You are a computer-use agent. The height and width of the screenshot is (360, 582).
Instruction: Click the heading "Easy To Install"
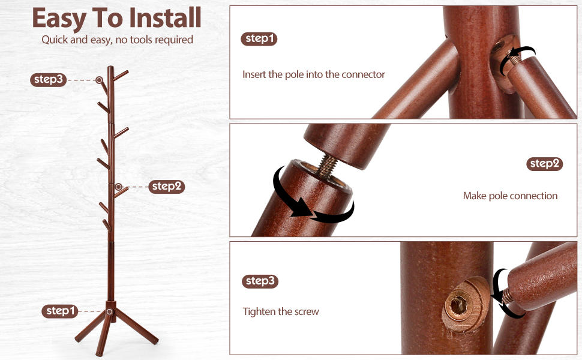116,18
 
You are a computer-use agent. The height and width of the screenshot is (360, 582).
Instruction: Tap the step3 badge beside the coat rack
48,79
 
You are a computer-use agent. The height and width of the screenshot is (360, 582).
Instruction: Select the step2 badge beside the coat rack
167,187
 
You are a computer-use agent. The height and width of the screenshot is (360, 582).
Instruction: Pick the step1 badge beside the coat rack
60,311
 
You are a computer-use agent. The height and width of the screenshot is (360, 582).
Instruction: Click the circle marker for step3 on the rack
99,80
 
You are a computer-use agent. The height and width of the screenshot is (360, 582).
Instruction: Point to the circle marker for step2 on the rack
118,187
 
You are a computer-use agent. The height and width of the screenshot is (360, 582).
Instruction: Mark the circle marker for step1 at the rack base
109,311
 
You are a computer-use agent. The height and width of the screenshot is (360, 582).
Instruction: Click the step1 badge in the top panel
259,38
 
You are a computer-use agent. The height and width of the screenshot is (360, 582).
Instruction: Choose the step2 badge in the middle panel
545,164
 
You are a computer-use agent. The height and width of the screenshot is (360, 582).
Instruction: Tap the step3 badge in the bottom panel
260,281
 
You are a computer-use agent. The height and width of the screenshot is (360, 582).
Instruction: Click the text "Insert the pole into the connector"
314,74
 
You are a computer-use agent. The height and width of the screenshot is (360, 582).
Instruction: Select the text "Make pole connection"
510,196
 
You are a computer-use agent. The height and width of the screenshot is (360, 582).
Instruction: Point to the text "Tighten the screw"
281,311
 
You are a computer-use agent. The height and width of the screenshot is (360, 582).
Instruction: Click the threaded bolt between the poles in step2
327,165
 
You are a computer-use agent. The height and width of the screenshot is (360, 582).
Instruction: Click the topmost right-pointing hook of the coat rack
121,76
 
